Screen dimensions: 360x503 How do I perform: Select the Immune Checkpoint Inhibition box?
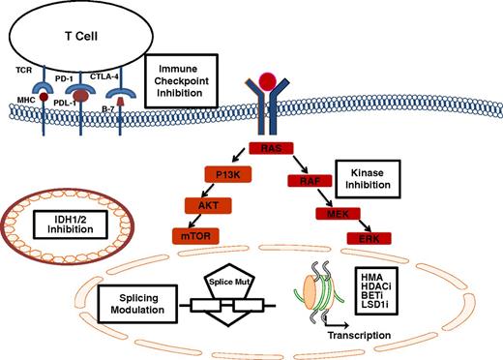click(184, 75)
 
